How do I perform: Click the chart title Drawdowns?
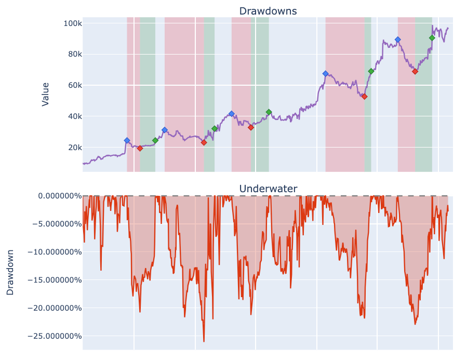pos(268,11)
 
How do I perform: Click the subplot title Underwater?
pos(268,189)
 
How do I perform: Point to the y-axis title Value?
pos(46,94)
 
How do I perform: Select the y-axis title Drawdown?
pos(10,272)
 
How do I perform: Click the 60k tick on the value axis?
pos(72,85)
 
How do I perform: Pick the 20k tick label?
pos(72,148)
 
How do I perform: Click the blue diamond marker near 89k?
pos(398,39)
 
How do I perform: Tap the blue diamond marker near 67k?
pos(326,74)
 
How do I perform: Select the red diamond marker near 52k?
pos(365,97)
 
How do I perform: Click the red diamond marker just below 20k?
pos(140,149)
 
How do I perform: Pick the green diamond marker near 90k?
pos(432,38)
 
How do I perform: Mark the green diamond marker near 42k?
pos(269,112)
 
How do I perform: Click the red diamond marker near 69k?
pos(415,71)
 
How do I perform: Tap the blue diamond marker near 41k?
pos(232,114)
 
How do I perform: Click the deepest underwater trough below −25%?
pos(204,341)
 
